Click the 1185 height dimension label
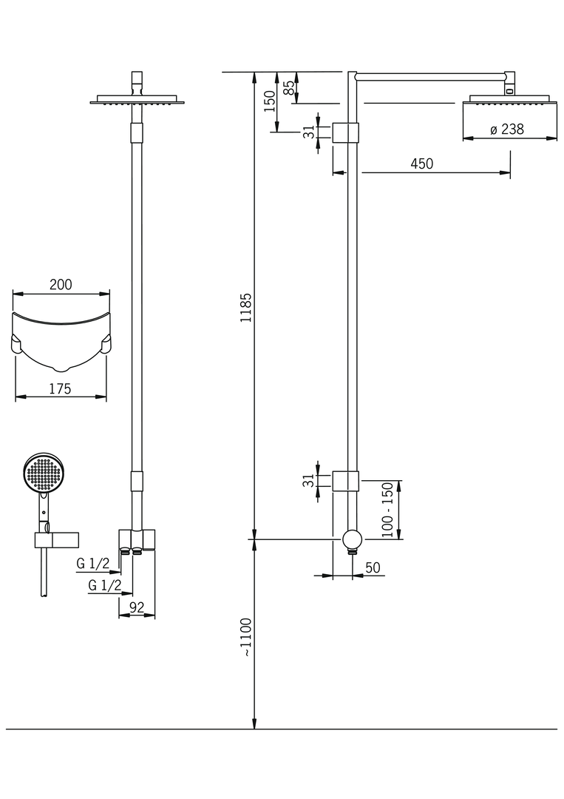[x=247, y=307]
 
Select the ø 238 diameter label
[x=506, y=129]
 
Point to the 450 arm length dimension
[x=421, y=164]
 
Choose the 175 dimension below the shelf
[x=60, y=388]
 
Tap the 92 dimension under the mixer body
[x=137, y=608]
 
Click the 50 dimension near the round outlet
[x=373, y=567]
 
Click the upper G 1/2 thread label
[x=93, y=564]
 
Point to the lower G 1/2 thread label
[x=104, y=585]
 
